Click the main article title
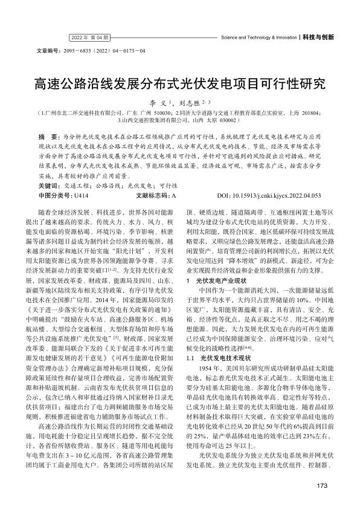179,83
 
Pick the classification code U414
81,178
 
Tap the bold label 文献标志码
153,178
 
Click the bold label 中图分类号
55,178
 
